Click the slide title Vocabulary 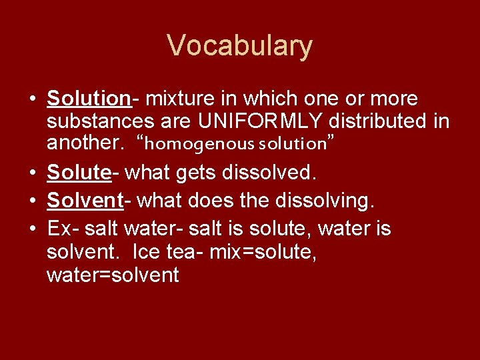click(x=239, y=46)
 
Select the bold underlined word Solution click(x=88, y=99)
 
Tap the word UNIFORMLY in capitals click(x=247, y=121)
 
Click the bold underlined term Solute click(x=78, y=173)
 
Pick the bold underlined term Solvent click(x=83, y=199)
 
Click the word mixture click(x=177, y=99)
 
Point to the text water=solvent click(x=113, y=275)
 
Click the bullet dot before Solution click(x=31, y=100)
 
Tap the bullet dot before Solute click(x=31, y=173)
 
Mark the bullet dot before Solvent click(x=31, y=200)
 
